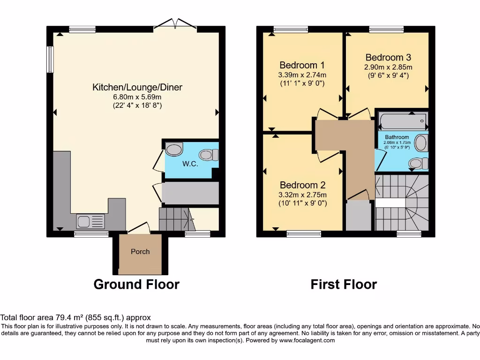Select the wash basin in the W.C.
click(x=174, y=150)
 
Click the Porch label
click(x=140, y=252)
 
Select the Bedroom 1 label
click(x=302, y=65)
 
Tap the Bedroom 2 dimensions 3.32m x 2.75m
click(x=302, y=195)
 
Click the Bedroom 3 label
click(x=388, y=58)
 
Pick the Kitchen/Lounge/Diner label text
click(x=137, y=87)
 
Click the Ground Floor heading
click(x=136, y=285)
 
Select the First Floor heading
click(x=344, y=285)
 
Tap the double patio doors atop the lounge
click(x=175, y=24)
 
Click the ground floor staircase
click(x=175, y=219)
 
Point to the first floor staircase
click(x=402, y=202)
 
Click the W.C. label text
click(x=190, y=164)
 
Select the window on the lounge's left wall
click(x=50, y=59)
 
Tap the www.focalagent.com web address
click(x=307, y=340)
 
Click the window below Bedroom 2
click(x=304, y=233)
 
